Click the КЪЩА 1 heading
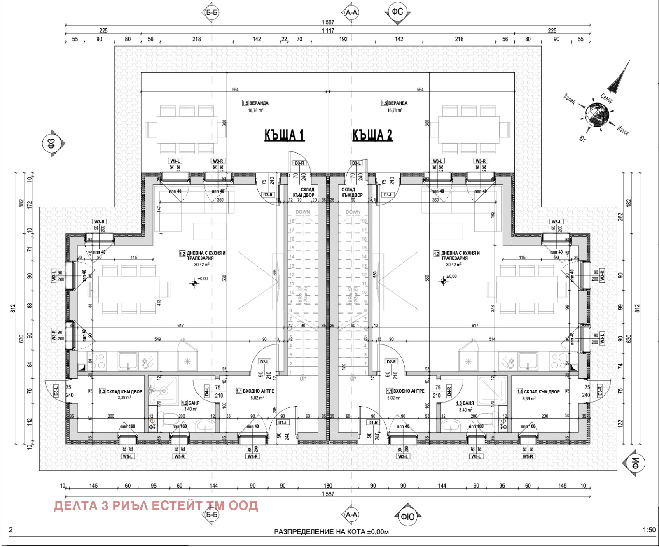(284, 135)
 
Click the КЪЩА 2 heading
(372, 135)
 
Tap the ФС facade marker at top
(397, 12)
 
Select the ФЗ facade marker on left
(51, 144)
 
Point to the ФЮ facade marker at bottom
(407, 516)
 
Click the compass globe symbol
(597, 114)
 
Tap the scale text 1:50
(649, 530)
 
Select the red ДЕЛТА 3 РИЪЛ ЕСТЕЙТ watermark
(156, 505)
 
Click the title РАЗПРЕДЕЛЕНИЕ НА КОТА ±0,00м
(331, 532)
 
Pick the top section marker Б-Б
(212, 12)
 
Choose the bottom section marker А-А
(351, 514)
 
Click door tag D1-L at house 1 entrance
(283, 422)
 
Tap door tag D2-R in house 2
(391, 362)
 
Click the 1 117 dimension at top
(328, 30)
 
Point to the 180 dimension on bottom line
(328, 486)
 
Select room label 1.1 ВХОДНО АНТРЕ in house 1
(255, 391)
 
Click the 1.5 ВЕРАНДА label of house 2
(394, 103)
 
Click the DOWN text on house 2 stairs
(353, 212)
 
